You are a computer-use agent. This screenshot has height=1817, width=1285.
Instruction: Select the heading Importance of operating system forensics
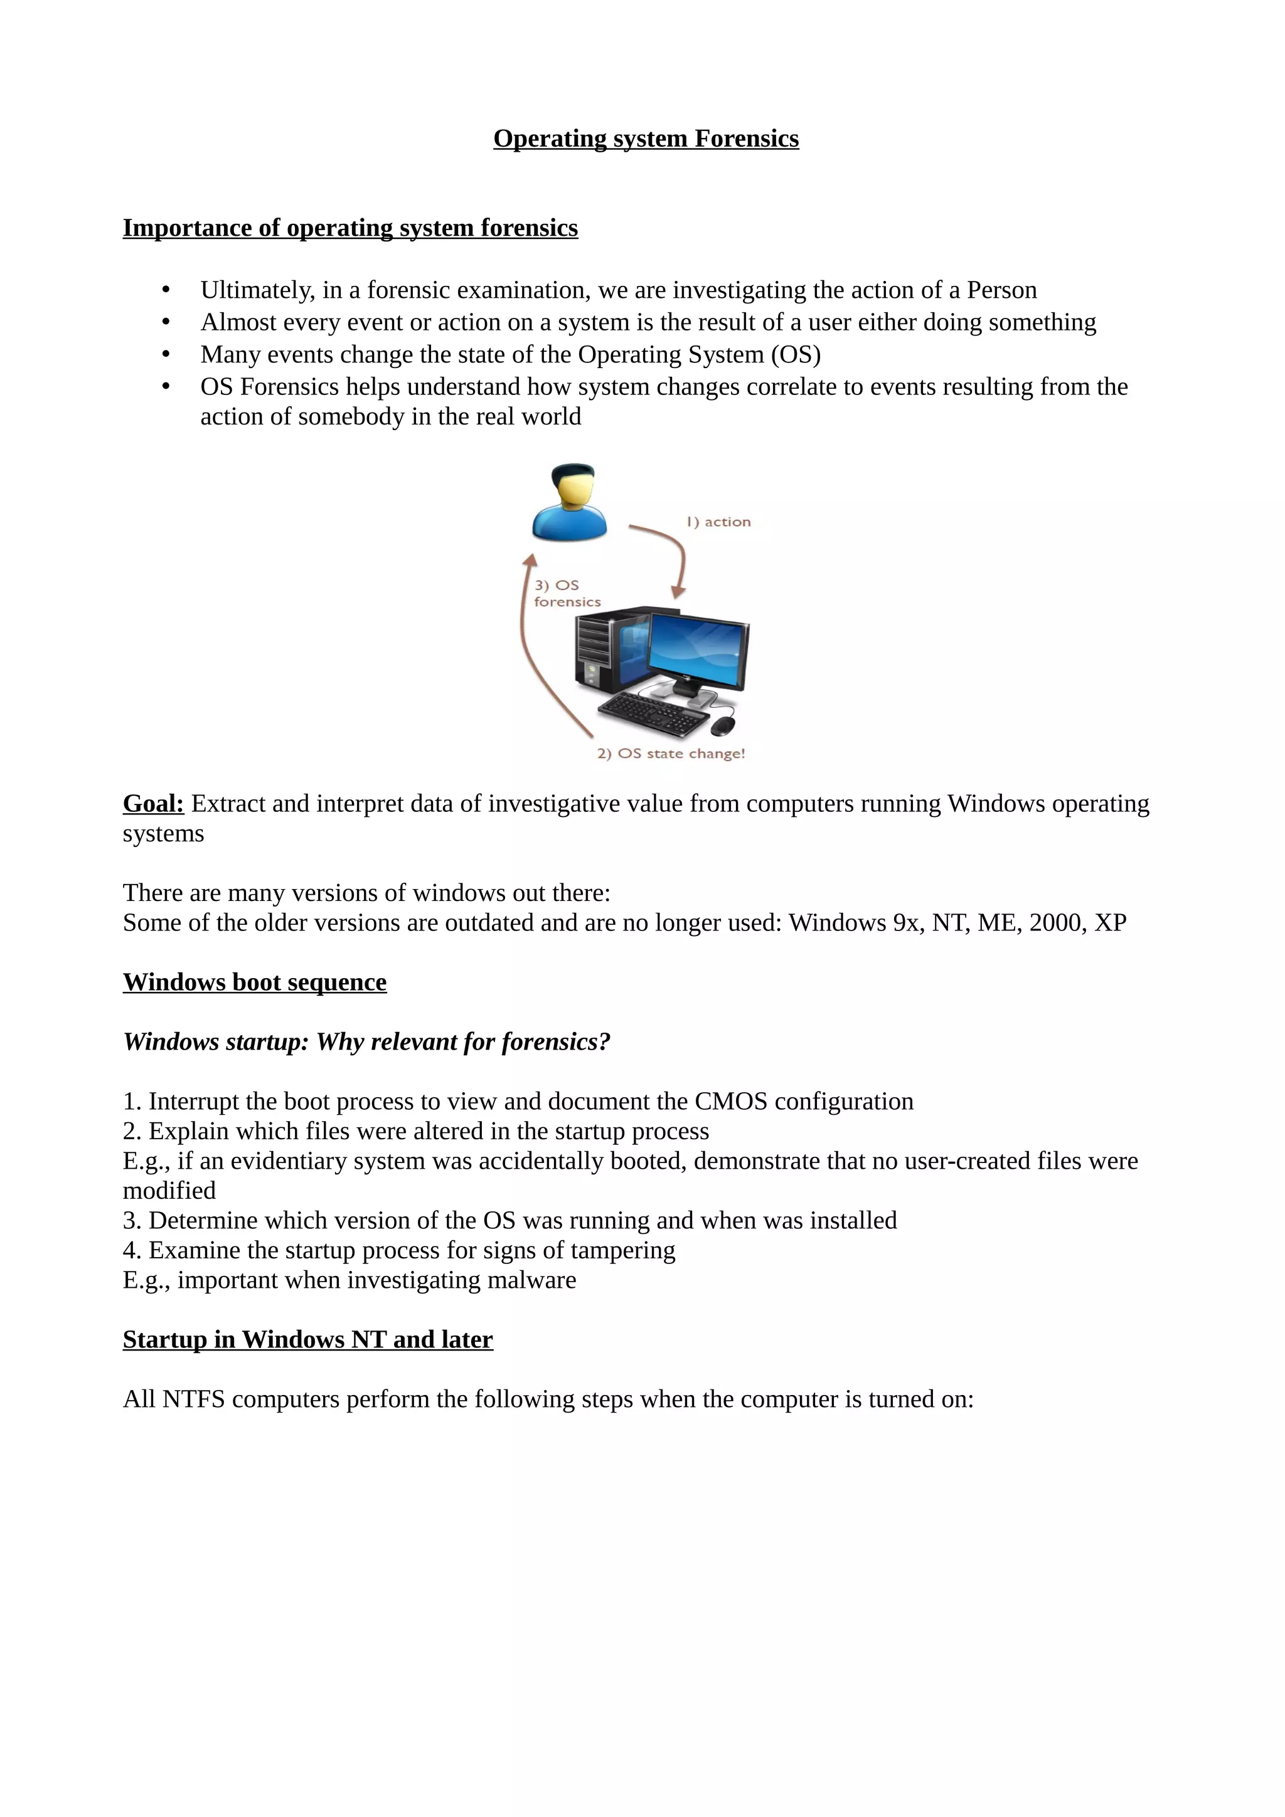(x=350, y=228)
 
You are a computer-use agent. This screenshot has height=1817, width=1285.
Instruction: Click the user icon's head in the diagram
(x=572, y=484)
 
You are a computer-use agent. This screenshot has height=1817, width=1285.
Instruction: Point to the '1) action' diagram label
(x=718, y=522)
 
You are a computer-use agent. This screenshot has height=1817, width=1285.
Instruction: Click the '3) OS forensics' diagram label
(x=566, y=594)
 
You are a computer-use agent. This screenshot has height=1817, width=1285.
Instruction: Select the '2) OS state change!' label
(x=671, y=754)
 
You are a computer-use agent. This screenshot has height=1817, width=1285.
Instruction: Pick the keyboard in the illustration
(x=653, y=713)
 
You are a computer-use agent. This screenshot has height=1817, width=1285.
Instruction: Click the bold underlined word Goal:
(x=153, y=804)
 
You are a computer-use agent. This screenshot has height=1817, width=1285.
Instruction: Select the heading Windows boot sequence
(x=254, y=983)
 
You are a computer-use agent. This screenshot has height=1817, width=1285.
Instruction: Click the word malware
(x=531, y=1280)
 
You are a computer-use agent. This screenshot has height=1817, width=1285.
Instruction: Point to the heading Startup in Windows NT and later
(x=307, y=1340)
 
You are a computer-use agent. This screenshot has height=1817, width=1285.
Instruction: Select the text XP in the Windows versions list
(x=1110, y=924)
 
